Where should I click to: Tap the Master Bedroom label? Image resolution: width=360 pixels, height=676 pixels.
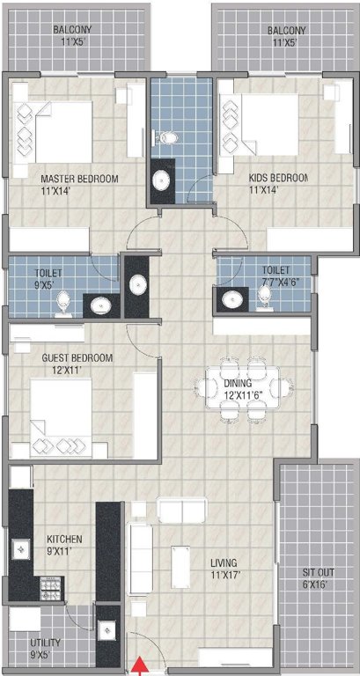point(79,180)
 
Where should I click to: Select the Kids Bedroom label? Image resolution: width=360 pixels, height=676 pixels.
point(276,179)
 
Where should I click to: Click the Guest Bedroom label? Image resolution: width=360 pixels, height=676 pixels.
point(77,358)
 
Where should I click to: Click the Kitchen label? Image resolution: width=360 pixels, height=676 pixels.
point(64,539)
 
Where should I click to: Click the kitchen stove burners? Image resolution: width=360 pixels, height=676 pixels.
point(49,584)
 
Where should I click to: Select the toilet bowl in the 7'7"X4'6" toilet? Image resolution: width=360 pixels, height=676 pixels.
point(264,300)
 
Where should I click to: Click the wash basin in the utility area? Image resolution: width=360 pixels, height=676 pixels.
point(107,630)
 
